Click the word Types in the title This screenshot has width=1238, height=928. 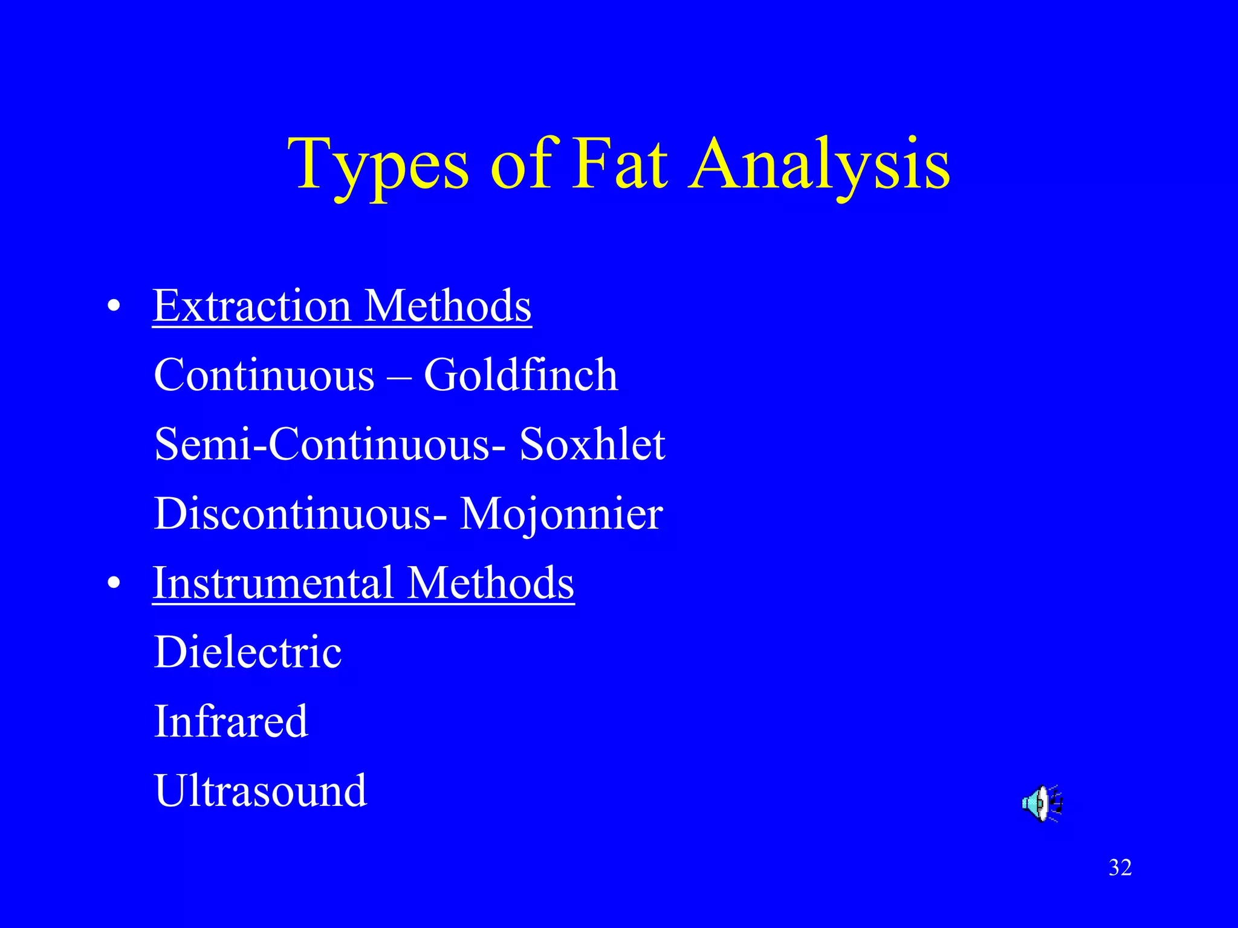378,164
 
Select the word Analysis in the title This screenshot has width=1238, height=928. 820,164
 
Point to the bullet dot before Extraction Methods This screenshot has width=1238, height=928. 114,306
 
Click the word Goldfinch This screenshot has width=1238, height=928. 520,375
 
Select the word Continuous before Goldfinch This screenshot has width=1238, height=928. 264,375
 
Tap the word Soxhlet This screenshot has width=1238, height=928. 592,445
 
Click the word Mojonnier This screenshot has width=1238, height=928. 562,514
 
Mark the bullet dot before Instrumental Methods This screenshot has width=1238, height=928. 114,584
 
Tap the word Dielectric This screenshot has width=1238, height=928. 248,652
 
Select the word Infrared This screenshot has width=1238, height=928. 231,721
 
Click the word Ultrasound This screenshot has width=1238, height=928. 261,791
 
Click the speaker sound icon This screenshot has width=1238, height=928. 1042,804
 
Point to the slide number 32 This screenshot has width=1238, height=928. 1120,868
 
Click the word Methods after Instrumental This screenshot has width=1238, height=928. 490,583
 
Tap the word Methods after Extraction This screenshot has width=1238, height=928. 448,306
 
